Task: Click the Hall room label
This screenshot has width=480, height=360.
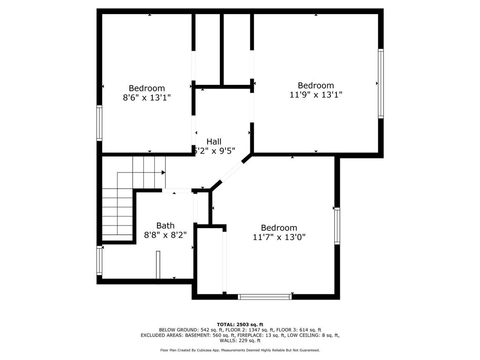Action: (x=214, y=141)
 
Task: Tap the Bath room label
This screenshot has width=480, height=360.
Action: (x=165, y=225)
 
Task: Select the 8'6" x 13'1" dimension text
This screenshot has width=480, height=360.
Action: (x=147, y=97)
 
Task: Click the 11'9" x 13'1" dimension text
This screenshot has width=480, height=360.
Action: (x=316, y=95)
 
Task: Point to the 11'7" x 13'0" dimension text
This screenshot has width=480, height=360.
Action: (x=279, y=237)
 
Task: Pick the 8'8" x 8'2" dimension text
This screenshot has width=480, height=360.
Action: (x=165, y=234)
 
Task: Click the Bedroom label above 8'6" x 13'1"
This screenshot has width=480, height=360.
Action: (x=147, y=88)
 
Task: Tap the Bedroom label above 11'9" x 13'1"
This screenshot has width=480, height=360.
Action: (x=316, y=85)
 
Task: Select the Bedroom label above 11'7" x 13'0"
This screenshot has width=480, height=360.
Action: (x=279, y=228)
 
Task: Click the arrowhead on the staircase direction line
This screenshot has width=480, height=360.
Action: (x=163, y=172)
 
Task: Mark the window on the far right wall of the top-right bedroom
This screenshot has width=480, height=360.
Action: (x=381, y=83)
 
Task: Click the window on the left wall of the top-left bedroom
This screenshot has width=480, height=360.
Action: (x=99, y=123)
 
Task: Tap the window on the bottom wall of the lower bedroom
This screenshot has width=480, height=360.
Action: (x=265, y=297)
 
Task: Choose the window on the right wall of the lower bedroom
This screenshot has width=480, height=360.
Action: (x=337, y=226)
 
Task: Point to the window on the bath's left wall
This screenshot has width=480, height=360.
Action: (x=99, y=260)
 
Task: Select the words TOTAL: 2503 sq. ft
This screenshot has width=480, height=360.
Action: (x=240, y=324)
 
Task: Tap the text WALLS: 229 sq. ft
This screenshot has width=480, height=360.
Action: (x=240, y=340)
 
